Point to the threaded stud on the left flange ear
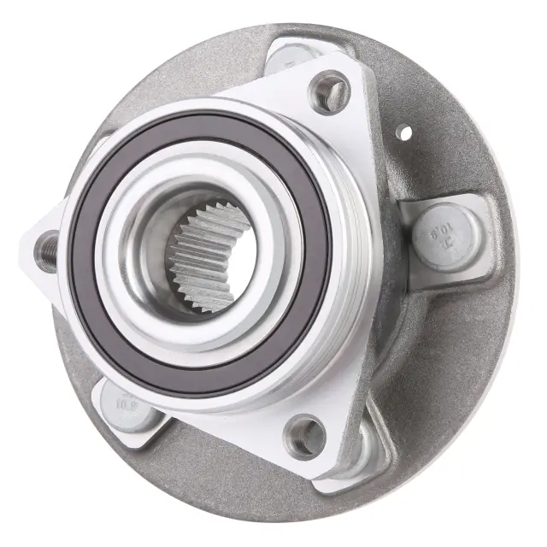[48, 250]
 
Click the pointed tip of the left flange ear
[26, 248]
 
